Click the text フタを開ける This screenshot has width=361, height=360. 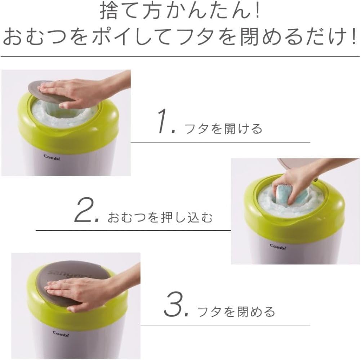click(223, 129)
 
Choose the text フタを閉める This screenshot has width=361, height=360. click(236, 311)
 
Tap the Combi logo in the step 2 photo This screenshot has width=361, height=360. click(278, 246)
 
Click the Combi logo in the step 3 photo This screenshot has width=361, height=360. click(61, 333)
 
